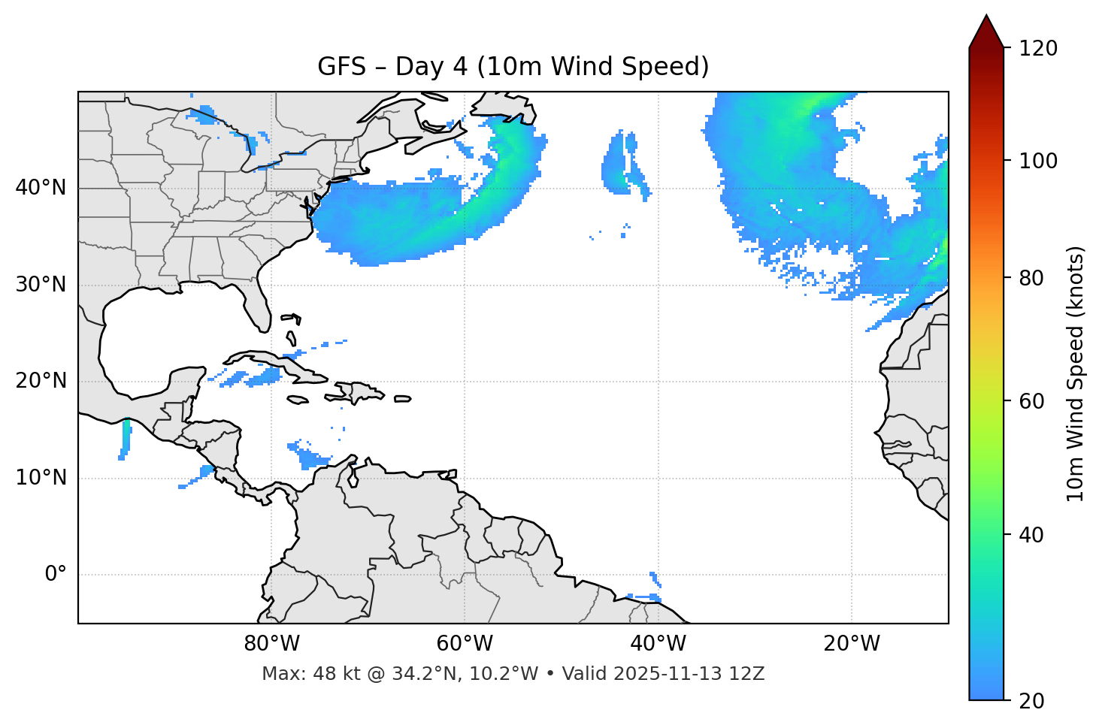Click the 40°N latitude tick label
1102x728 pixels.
coord(41,188)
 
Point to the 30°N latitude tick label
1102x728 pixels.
coord(41,285)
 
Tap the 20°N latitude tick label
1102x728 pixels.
coord(41,381)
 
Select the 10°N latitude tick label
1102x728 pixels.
coord(41,478)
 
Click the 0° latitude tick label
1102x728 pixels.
coord(56,575)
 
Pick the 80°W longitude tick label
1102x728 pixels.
coord(271,644)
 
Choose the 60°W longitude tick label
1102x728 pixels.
coord(465,644)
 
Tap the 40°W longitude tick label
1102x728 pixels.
coord(658,644)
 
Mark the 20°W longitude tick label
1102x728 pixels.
coord(851,644)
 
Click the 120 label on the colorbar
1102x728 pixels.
coord(1037,48)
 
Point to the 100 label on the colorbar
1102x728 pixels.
coord(1037,161)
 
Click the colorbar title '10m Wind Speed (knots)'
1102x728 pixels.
coord(1076,373)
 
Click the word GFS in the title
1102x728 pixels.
coord(341,67)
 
